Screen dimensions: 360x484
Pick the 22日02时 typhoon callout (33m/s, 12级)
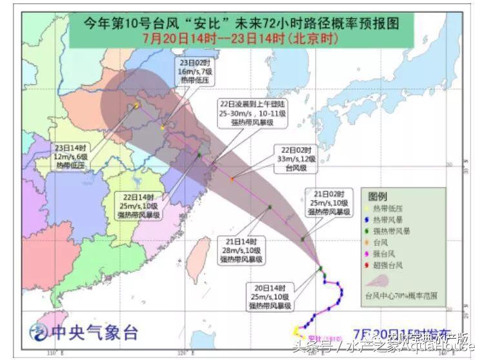point(297,157)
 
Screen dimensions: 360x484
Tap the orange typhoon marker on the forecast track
point(232,179)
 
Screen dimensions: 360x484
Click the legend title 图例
point(378,195)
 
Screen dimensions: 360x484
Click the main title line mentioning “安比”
point(241,24)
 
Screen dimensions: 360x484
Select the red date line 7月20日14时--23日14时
point(241,38)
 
